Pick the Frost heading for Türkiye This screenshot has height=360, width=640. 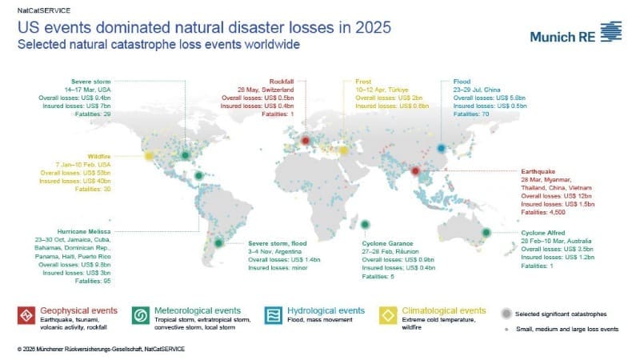tap(364, 82)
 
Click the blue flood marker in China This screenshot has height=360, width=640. tap(441, 147)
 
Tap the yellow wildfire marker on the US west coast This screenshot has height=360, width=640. tap(149, 156)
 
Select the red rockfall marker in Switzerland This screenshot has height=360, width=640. tap(305, 143)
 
